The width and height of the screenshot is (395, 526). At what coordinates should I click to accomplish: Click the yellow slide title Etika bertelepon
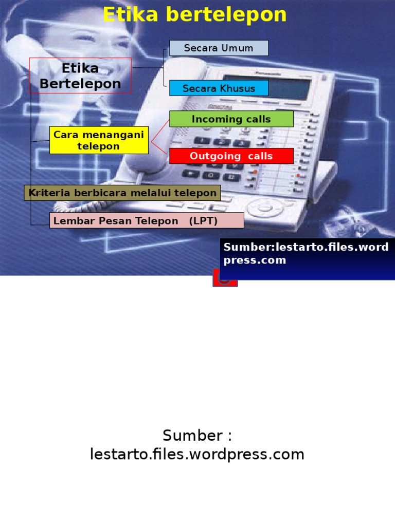point(194,15)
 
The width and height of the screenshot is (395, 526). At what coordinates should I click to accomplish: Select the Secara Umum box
point(219,48)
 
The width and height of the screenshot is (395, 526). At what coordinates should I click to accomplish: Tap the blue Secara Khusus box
point(219,88)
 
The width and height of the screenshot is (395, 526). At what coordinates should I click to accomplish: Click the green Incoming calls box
point(231,119)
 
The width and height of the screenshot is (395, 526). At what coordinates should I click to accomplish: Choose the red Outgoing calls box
point(231,156)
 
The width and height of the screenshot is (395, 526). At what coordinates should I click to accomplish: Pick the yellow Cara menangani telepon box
point(99,140)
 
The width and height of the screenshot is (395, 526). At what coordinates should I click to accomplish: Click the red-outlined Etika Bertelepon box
point(80,76)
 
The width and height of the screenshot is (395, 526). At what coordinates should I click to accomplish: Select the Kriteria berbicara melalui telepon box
point(122,193)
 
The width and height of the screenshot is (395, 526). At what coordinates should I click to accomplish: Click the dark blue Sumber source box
point(307,259)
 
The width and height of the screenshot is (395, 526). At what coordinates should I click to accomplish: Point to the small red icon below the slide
point(225,280)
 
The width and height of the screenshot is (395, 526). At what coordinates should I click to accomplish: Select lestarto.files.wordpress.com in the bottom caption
point(197,454)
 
